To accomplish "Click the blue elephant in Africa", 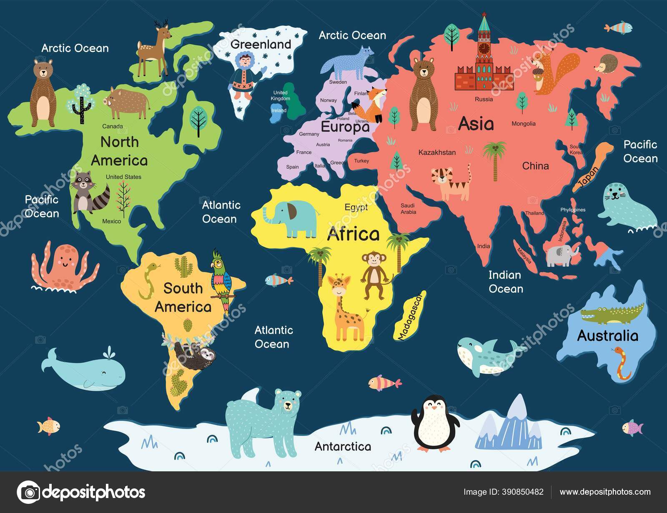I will [x=292, y=218].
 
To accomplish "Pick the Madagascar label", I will [x=409, y=316].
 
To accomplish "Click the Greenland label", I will [x=261, y=44].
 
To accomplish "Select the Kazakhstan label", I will [x=437, y=153].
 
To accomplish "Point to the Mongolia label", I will [x=524, y=124].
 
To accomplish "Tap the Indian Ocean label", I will [x=505, y=282].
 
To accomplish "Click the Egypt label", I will [x=356, y=207].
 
